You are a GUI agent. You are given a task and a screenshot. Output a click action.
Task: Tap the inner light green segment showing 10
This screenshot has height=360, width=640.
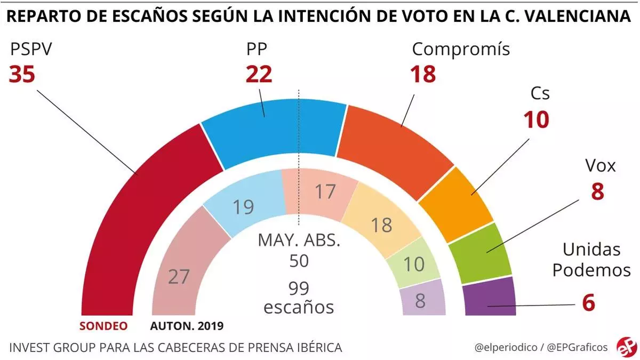coord(414,263)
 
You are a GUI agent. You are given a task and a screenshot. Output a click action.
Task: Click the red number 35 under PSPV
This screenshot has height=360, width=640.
coord(22,75)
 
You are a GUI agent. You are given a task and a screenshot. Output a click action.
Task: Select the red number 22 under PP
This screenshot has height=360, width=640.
coord(259,75)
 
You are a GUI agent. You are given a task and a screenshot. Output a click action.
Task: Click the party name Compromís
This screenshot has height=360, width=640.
coord(461,50)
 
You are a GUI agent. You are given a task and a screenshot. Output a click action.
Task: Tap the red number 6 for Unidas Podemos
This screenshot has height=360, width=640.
coord(588,303)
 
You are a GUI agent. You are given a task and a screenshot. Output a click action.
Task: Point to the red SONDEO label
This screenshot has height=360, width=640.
coord(104,326)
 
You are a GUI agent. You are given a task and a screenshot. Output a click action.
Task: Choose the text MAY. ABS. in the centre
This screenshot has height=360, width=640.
coord(298,240)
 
